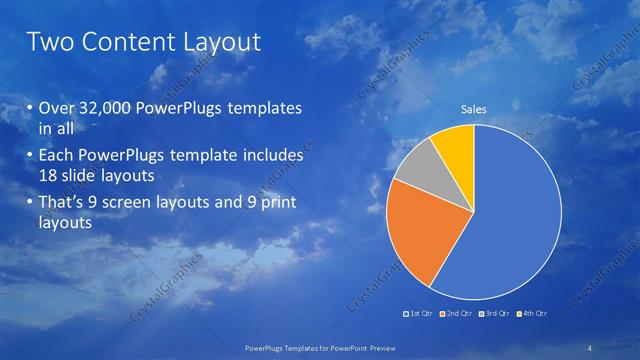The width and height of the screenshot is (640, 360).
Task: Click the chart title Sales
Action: [473, 109]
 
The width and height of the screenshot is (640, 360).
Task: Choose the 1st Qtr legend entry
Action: [418, 313]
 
